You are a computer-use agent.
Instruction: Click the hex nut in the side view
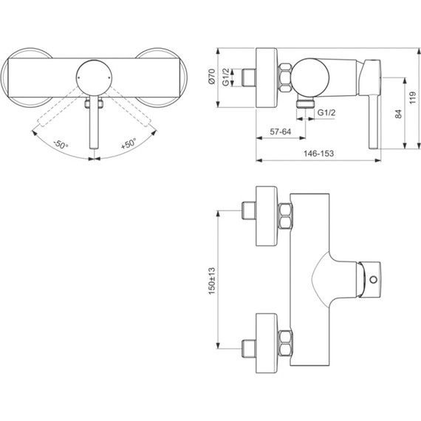(x=284, y=78)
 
